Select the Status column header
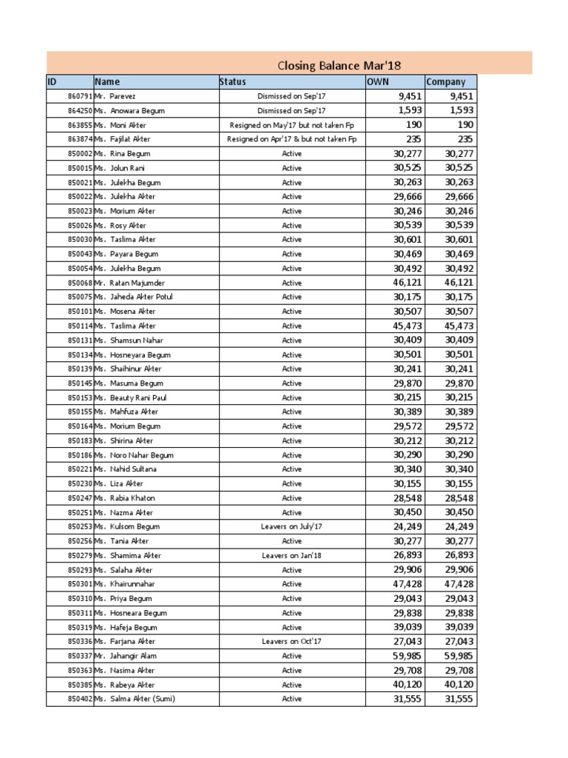[x=233, y=82]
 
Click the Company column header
[x=446, y=82]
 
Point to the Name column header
[x=107, y=82]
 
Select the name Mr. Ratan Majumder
[x=129, y=283]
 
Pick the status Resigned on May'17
[x=291, y=125]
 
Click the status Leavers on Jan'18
[x=291, y=555]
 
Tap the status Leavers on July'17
[x=291, y=526]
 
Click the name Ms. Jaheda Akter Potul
[x=134, y=297]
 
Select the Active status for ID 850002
[x=291, y=154]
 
